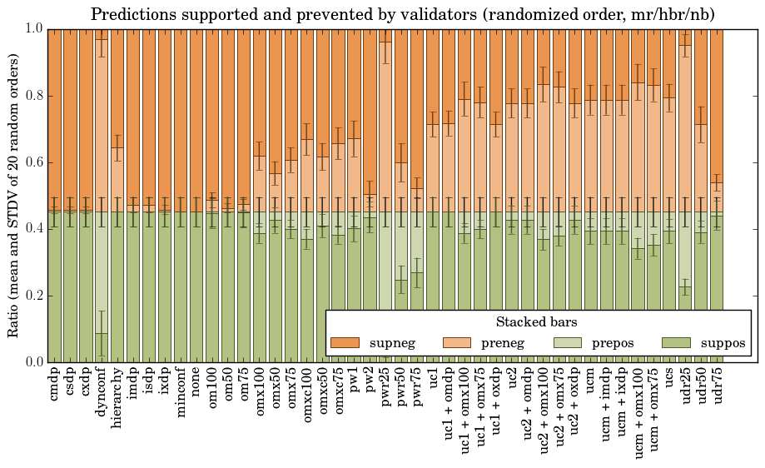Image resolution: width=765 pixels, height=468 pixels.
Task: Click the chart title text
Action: [x=402, y=14]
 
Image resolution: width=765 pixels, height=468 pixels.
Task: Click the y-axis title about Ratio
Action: [x=14, y=195]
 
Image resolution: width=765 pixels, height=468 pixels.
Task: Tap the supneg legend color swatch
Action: [x=344, y=343]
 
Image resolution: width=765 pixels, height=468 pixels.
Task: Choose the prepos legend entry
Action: [x=590, y=343]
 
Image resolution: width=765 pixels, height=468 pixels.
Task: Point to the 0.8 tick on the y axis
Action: [x=33, y=96]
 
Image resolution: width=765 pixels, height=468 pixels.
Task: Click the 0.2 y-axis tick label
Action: [x=33, y=296]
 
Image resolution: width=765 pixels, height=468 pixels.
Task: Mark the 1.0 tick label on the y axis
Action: [x=33, y=29]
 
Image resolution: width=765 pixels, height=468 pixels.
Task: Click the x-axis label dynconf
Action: [x=102, y=391]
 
